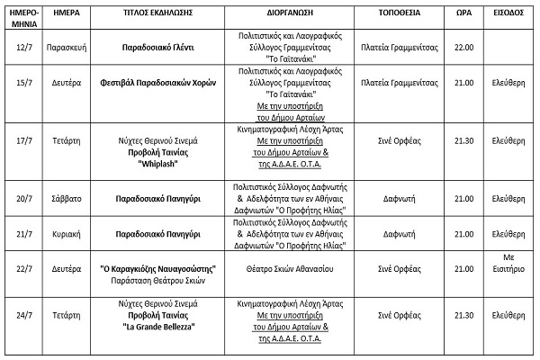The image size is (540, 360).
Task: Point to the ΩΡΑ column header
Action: (463, 16)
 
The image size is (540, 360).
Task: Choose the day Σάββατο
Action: (73, 198)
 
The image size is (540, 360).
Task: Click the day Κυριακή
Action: (73, 233)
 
